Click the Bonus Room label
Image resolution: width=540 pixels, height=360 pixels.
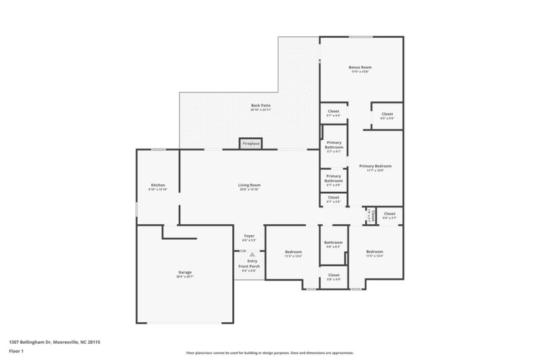[x=361, y=69]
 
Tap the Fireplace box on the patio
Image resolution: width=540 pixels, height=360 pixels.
[x=251, y=144]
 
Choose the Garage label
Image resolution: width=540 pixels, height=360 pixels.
[x=185, y=274]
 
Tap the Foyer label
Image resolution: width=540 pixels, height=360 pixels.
[x=249, y=237]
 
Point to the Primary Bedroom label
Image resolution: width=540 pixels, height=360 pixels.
[x=375, y=167]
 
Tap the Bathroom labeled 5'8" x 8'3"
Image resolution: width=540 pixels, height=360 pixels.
[x=333, y=244]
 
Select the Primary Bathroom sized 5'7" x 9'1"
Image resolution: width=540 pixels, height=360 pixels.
[x=333, y=146]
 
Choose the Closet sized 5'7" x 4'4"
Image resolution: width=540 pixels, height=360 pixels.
[x=333, y=113]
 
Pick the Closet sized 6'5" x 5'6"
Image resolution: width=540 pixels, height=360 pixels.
[x=387, y=115]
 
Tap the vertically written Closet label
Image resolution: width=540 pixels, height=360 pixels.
[x=372, y=215]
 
